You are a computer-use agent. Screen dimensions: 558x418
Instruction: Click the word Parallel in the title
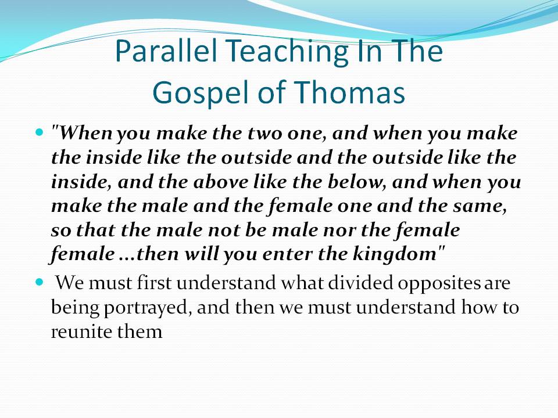pos(166,51)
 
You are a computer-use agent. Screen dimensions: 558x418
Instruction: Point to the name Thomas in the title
pos(350,92)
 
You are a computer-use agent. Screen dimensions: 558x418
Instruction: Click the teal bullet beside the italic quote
pos(40,132)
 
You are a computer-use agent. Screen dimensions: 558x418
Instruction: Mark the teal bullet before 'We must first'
pos(40,283)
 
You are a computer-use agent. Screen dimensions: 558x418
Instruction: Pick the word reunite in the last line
pos(81,331)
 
